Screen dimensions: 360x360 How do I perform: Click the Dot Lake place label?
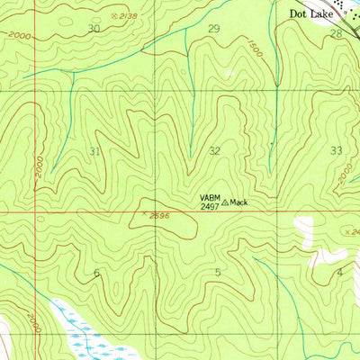pyautogui.click(x=310, y=14)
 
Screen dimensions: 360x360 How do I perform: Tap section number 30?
pyautogui.click(x=94, y=29)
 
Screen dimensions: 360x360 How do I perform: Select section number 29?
pyautogui.click(x=213, y=29)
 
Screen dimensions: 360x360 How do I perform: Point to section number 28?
pyautogui.click(x=336, y=33)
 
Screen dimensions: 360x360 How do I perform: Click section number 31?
pyautogui.click(x=95, y=151)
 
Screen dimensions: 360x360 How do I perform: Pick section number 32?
pyautogui.click(x=214, y=151)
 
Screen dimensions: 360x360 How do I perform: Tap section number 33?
pyautogui.click(x=337, y=150)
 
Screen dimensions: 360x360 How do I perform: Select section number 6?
pyautogui.click(x=96, y=272)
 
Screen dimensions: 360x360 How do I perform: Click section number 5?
pyautogui.click(x=217, y=272)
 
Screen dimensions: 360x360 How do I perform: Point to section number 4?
pyautogui.click(x=339, y=271)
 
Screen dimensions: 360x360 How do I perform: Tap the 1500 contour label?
pyautogui.click(x=256, y=48)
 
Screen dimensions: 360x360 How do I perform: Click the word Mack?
pyautogui.click(x=238, y=202)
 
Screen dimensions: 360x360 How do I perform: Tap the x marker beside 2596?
pyautogui.click(x=142, y=213)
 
